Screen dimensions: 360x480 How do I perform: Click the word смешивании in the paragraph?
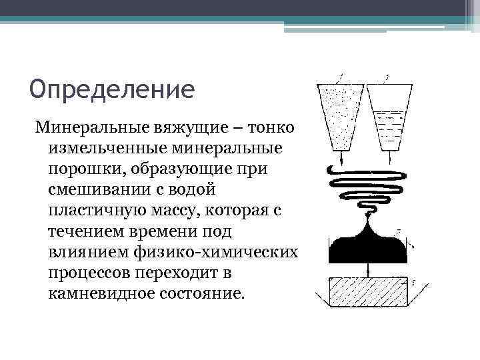tap(97, 189)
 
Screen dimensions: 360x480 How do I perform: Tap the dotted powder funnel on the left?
tap(341, 117)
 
